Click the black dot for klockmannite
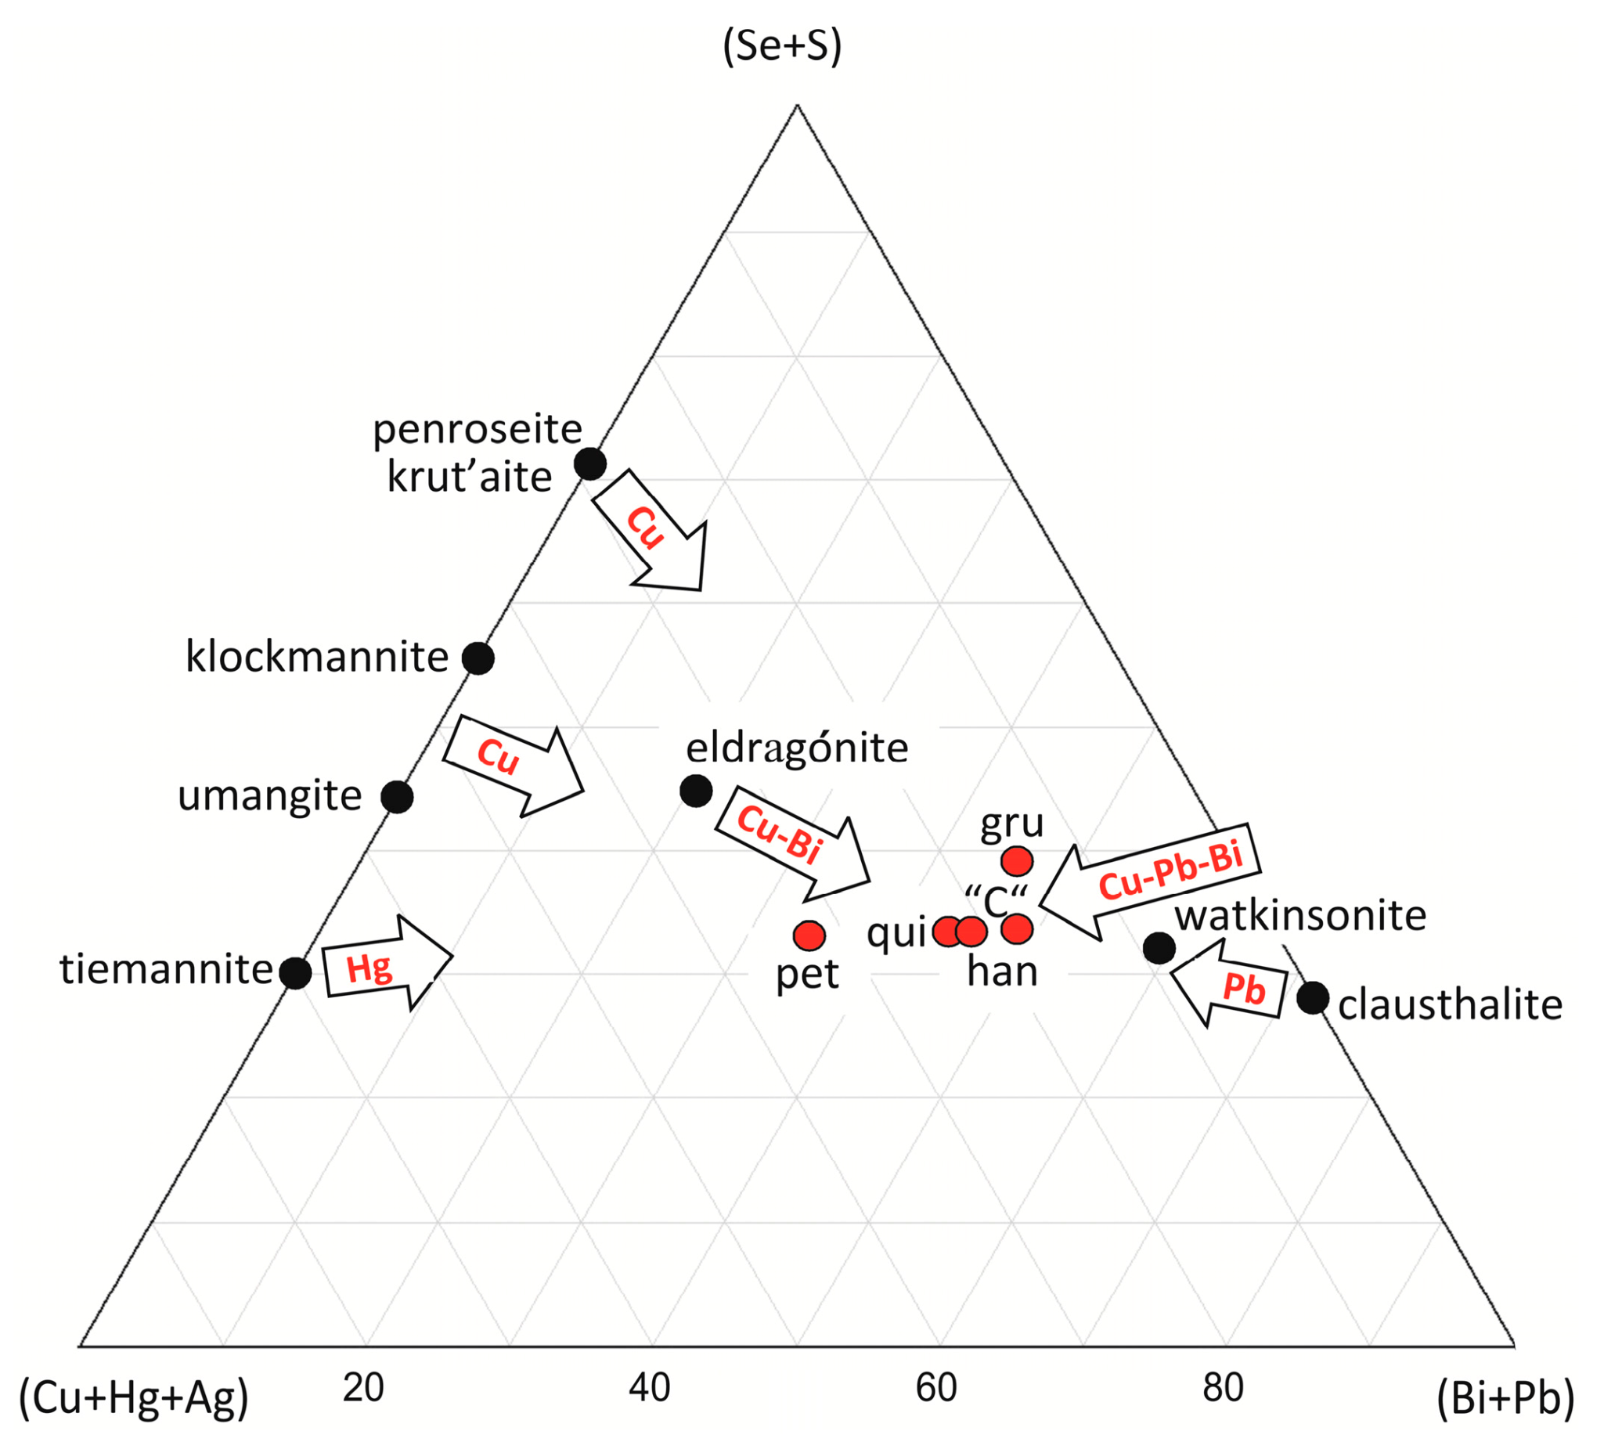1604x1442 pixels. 478,658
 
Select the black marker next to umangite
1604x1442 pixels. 397,796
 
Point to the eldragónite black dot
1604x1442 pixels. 696,790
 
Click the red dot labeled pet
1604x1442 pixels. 809,935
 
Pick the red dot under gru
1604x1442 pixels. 1017,860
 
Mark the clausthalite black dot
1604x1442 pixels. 1313,997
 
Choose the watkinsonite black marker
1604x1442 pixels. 1159,947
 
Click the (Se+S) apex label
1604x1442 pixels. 782,47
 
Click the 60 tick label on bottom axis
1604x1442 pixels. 936,1387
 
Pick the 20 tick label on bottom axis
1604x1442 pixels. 363,1387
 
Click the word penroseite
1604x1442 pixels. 477,431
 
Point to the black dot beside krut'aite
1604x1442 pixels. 590,463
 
